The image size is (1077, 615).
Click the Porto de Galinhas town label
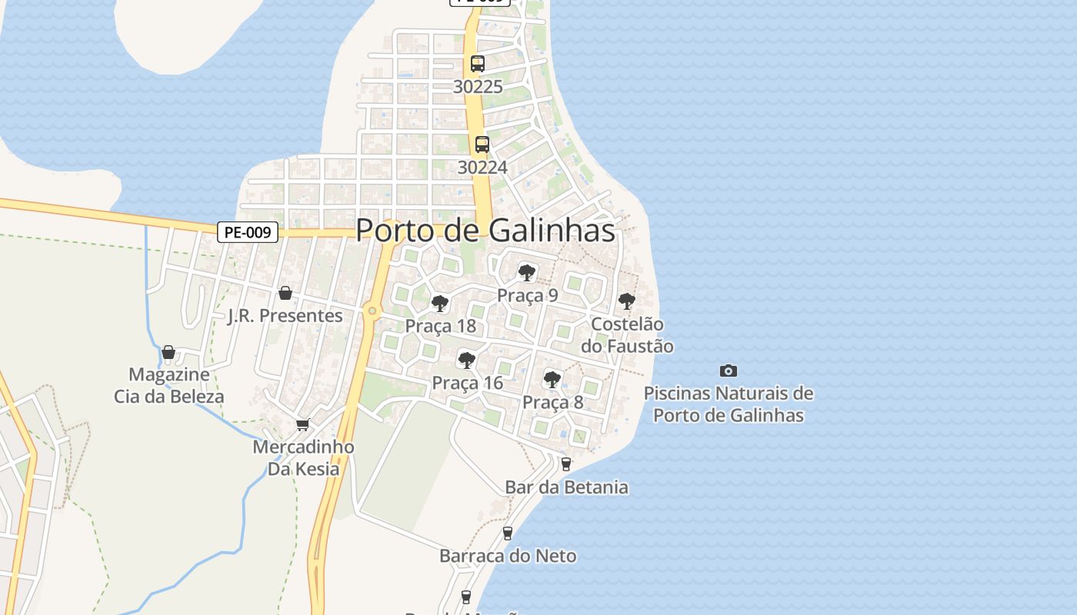tap(485, 231)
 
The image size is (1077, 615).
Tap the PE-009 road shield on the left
tap(247, 232)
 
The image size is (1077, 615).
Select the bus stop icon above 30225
tap(478, 64)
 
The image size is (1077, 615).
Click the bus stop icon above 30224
tap(482, 144)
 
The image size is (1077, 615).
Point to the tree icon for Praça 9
tap(527, 272)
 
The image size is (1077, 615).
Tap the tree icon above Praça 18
tap(440, 304)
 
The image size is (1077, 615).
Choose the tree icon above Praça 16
tap(466, 360)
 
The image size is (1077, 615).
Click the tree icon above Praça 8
tap(552, 379)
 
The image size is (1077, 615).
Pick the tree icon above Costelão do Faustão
tap(627, 301)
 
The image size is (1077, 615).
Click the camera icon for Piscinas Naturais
tap(729, 371)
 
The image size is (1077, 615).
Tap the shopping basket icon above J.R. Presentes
tap(285, 293)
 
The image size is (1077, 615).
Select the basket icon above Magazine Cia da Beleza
tap(168, 352)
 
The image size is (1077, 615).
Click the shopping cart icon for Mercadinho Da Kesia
tap(303, 424)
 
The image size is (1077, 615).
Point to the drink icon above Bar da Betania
tap(566, 464)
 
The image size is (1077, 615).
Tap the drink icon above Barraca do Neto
tap(508, 533)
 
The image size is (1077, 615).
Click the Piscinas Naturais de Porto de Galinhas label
tap(729, 404)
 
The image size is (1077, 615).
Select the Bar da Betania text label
tap(566, 487)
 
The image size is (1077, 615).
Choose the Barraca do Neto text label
tap(508, 556)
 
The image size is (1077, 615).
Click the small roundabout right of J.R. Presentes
tap(372, 311)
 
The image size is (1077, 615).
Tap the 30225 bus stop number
tap(478, 87)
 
